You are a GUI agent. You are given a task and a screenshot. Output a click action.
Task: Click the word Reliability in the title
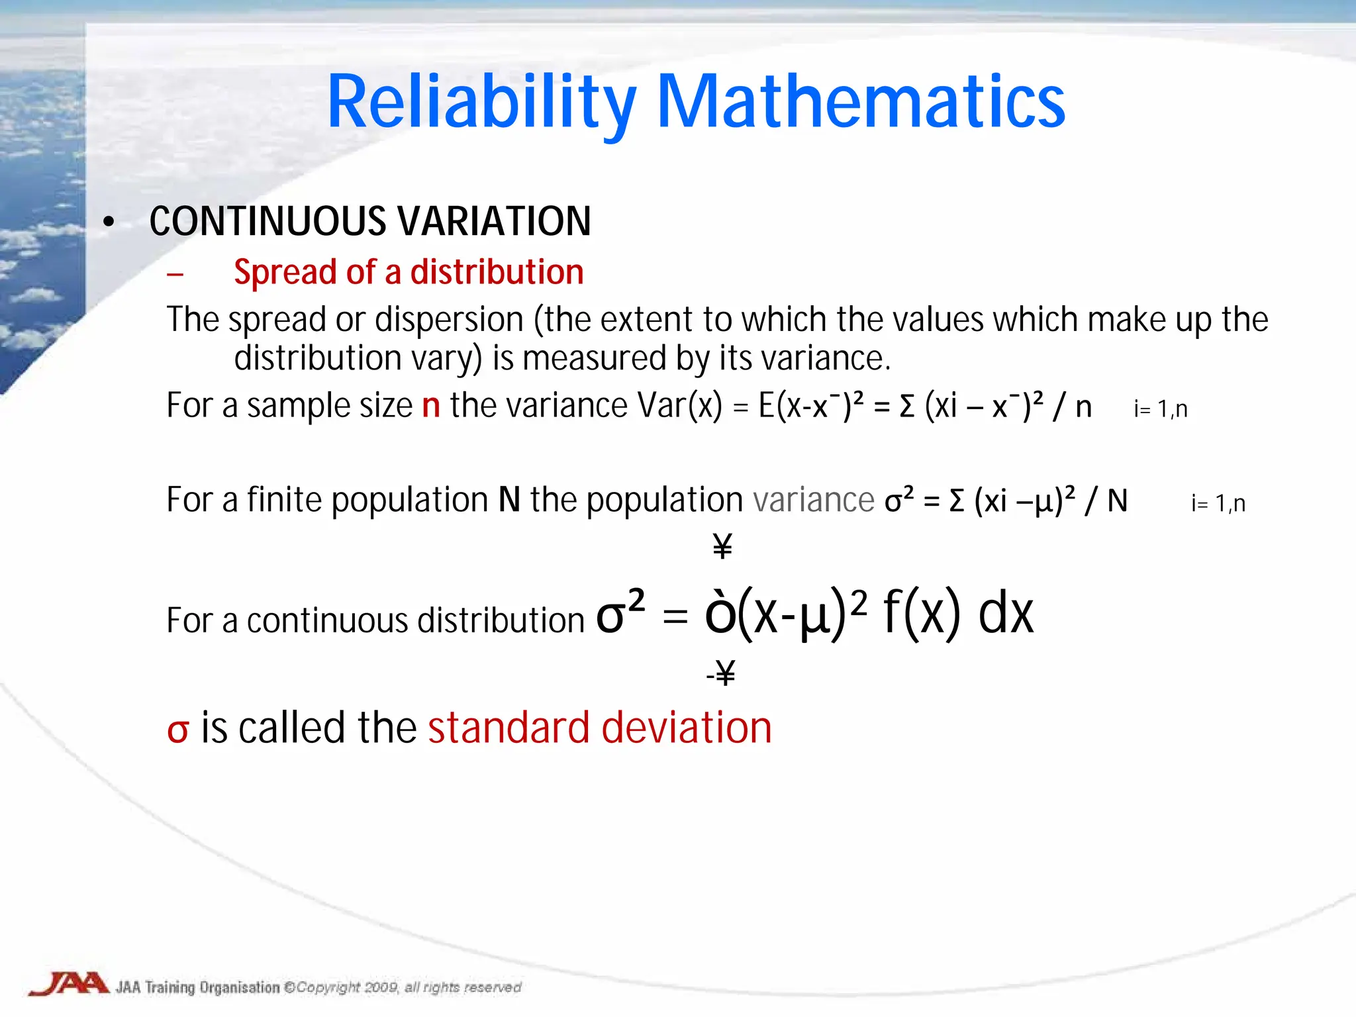coord(481,103)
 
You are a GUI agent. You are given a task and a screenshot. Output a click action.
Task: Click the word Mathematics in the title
coord(861,103)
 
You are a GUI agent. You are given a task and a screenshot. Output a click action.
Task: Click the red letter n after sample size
coord(431,406)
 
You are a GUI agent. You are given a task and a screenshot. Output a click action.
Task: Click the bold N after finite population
coord(509,501)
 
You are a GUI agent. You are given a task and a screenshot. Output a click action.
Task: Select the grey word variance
coord(814,501)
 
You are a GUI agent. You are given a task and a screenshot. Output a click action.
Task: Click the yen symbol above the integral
coord(722,547)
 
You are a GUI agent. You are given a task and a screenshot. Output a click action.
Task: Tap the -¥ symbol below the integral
coord(721,673)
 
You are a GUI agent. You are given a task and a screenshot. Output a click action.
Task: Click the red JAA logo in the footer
coord(68,984)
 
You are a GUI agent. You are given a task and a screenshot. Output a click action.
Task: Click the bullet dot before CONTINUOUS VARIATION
coord(109,223)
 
